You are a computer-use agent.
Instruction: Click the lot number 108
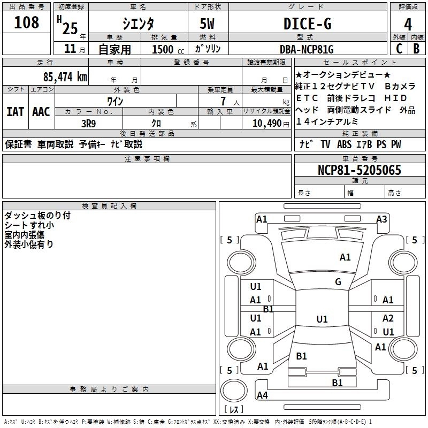(27, 22)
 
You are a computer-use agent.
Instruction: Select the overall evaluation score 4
(408, 24)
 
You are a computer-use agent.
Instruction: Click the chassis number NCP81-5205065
(359, 171)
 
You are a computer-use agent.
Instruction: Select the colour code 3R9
(89, 122)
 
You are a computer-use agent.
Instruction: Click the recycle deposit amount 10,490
(264, 123)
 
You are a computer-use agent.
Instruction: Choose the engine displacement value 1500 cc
(164, 49)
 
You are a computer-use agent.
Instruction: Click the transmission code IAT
(16, 112)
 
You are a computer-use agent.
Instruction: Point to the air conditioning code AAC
(41, 112)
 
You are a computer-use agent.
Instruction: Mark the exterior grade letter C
(399, 49)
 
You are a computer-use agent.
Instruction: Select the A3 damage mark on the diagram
(381, 219)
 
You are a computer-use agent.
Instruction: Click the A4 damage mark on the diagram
(262, 395)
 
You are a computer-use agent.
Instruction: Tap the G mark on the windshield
(338, 281)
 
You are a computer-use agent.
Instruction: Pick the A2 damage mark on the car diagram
(388, 318)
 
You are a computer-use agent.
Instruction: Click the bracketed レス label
(234, 410)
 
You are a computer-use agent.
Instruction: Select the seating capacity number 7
(223, 101)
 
